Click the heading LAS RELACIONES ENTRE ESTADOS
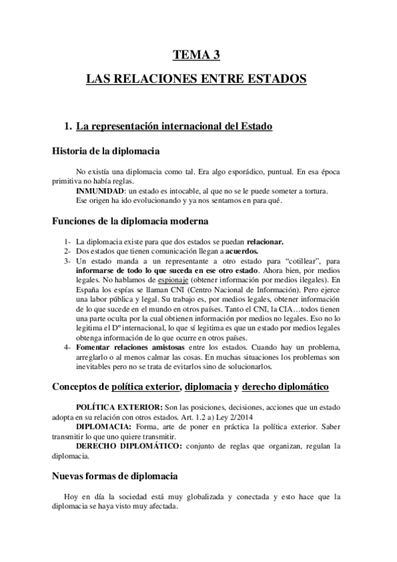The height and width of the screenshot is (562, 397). [197, 80]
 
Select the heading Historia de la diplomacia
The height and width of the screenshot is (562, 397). [105, 150]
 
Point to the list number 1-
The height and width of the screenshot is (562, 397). [68, 242]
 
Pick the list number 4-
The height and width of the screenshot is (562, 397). [68, 348]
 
